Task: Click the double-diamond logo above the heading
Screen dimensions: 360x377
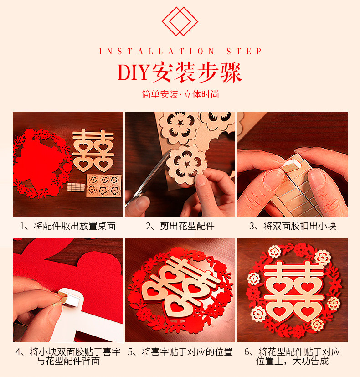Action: coord(180,21)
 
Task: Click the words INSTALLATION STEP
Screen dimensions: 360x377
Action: coord(180,51)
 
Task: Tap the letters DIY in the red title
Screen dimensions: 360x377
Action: coord(133,72)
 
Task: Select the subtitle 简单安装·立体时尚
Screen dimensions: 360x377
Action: coord(180,94)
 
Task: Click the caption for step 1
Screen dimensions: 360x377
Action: coord(67,226)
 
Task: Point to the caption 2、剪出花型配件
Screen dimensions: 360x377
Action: coord(180,226)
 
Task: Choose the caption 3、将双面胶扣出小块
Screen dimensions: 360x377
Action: coord(293,226)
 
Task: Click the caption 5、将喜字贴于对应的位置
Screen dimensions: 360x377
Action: coord(180,352)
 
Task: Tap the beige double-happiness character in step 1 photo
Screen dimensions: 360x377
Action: coord(93,151)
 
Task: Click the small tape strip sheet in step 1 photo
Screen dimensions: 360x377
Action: coord(76,187)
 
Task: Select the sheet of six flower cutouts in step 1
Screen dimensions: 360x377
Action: coord(104,186)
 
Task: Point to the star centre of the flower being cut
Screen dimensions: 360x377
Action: coord(187,164)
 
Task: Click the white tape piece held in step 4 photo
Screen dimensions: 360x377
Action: coord(70,298)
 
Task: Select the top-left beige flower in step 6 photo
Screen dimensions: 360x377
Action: coord(275,251)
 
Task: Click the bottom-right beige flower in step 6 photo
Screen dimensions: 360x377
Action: coord(317,324)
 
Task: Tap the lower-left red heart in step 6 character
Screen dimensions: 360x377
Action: coord(279,311)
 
